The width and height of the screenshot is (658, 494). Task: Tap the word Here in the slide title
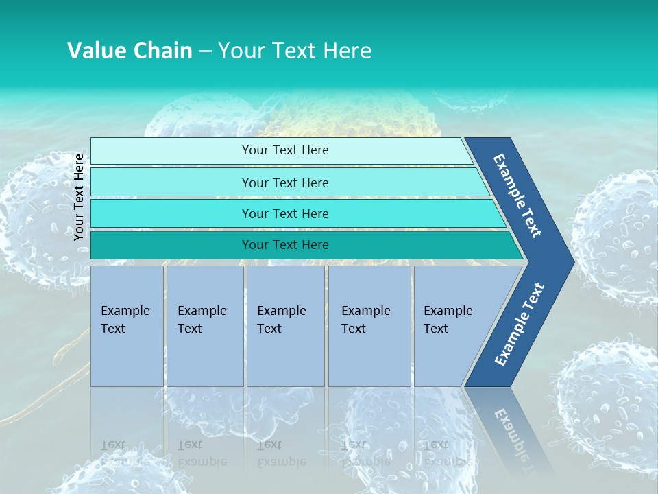coord(347,51)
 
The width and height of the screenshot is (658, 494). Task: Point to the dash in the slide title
coord(205,51)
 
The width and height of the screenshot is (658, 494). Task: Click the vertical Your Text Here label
coord(80,197)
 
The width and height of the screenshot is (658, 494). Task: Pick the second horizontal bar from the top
coord(285,183)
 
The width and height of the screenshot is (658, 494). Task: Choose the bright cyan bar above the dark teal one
coord(285,213)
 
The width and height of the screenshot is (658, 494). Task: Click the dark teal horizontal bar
coord(285,245)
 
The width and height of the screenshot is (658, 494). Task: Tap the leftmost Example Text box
coord(127,325)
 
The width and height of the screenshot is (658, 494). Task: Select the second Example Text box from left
coord(204,325)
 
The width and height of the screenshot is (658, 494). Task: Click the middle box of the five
coord(285,325)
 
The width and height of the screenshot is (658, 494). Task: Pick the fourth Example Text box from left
coord(369,325)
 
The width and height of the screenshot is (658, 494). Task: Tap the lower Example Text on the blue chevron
coord(519,324)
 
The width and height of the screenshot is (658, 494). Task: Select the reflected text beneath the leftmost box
coord(125,453)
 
